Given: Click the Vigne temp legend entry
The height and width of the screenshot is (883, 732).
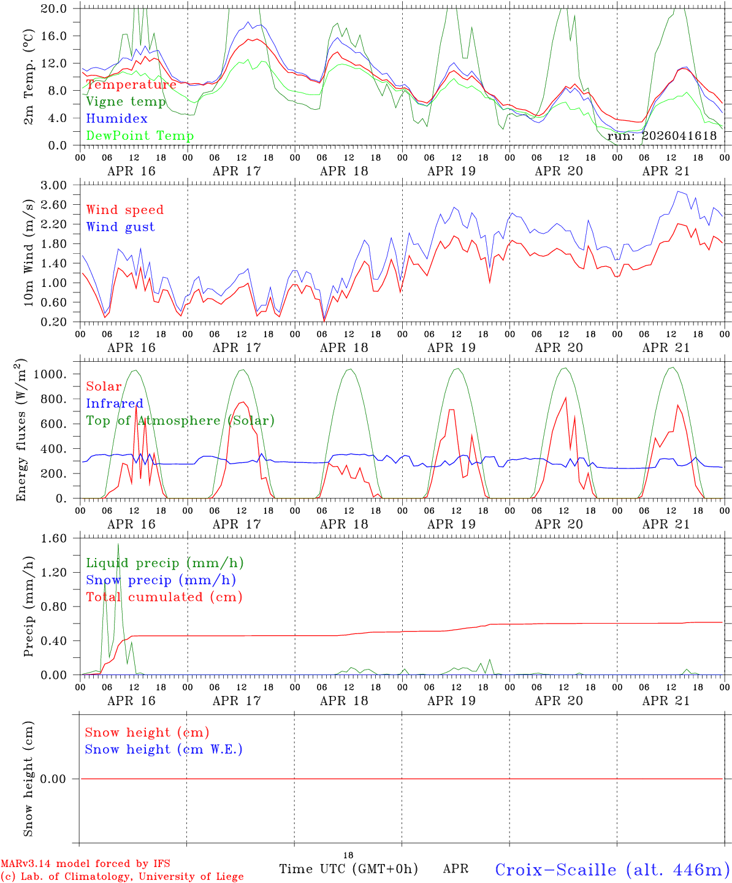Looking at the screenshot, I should click(126, 102).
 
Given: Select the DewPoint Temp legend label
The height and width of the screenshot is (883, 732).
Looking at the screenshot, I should click(140, 136).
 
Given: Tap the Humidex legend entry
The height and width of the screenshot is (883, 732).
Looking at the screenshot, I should click(116, 119).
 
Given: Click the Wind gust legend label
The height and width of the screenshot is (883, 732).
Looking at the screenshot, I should click(120, 227).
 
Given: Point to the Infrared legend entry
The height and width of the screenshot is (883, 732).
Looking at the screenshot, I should click(114, 403).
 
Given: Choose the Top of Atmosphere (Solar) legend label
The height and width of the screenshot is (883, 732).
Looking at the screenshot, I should click(180, 421).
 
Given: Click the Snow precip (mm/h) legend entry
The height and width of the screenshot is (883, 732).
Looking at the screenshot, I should click(161, 580).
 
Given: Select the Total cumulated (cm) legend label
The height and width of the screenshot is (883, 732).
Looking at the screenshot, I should click(164, 597).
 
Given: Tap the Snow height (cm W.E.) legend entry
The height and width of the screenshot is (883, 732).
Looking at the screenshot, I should click(163, 749).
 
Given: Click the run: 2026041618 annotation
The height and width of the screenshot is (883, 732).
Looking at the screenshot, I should click(661, 136).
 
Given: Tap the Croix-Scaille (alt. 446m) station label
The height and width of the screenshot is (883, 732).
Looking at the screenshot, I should click(612, 870).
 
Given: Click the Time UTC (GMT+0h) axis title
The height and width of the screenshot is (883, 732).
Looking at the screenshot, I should click(348, 869).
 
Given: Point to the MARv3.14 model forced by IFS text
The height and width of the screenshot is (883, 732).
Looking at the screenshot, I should click(85, 864).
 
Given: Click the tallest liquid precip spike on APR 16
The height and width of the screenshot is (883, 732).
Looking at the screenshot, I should click(118, 545).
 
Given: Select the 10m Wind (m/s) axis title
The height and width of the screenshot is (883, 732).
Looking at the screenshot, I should click(29, 251).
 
